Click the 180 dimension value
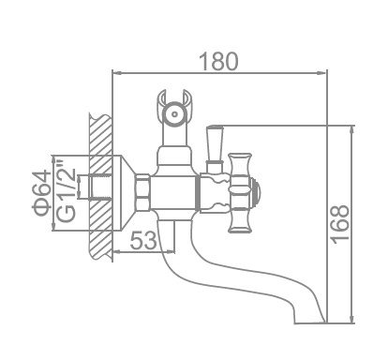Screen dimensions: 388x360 click(x=218, y=61)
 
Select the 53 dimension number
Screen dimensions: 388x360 click(x=143, y=240)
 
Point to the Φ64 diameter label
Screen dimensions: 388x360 click(x=42, y=193)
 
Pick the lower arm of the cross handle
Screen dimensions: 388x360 click(x=240, y=221)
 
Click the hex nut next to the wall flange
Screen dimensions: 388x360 click(x=142, y=192)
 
